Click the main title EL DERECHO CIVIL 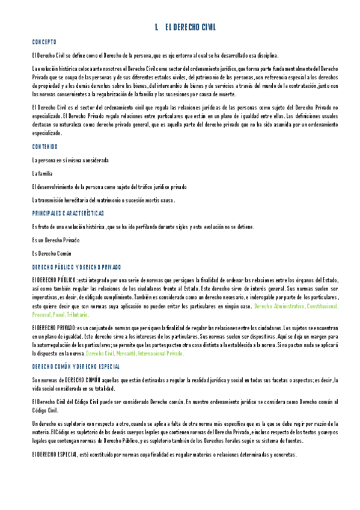click(189, 28)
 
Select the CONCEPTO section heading click(44, 41)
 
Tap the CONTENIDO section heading click(45, 147)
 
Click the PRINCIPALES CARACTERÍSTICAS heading click(68, 214)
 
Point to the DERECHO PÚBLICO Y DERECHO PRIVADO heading click(76, 267)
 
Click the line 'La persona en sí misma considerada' click(70, 160)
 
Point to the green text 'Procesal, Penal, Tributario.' click(61, 315)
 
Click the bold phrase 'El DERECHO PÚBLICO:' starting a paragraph click(54, 280)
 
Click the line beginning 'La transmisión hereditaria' click(103, 200)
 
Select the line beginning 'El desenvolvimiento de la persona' click(109, 187)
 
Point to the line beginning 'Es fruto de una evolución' click(143, 227)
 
